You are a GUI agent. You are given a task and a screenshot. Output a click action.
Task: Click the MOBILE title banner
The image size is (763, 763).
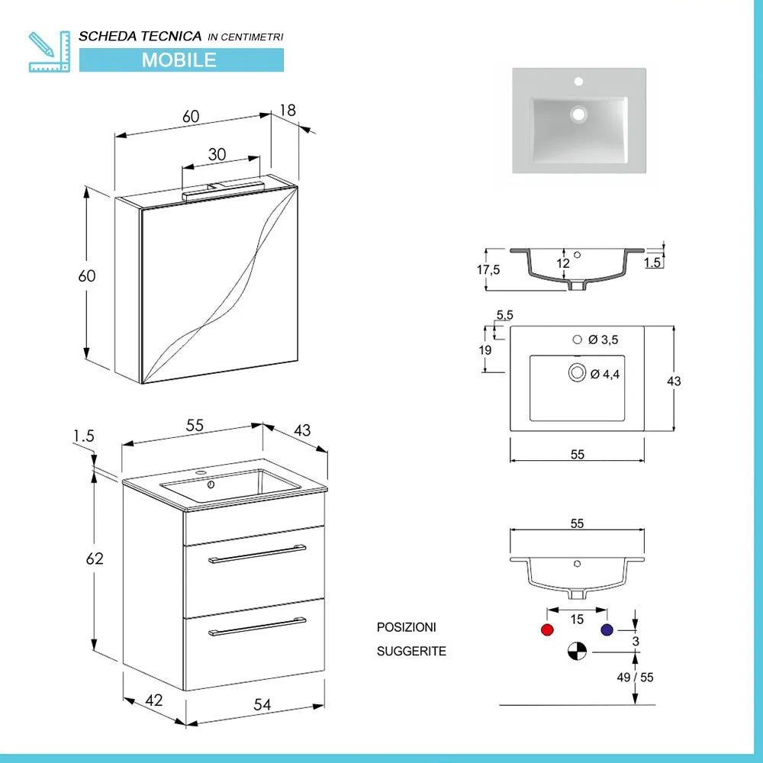[181, 60]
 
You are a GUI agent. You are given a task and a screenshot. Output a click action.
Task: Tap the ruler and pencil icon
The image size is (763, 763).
[48, 51]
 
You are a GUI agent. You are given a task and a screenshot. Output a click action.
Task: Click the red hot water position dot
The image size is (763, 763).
[546, 630]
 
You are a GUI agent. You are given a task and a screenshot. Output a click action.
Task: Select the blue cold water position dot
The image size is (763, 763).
[607, 630]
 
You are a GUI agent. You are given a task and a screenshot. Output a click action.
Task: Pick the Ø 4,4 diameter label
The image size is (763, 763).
[605, 374]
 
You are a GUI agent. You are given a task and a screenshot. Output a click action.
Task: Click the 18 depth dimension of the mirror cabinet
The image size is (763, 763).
[288, 110]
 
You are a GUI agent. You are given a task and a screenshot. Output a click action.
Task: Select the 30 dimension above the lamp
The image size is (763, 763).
[217, 153]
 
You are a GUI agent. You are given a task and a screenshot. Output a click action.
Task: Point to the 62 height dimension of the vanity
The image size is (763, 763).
[95, 559]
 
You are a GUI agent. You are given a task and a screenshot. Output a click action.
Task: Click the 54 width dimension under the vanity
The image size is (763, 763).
[262, 705]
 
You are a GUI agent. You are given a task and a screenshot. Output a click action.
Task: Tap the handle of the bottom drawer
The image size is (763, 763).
[257, 627]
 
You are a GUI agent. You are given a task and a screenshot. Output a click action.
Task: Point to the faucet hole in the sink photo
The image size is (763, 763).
[578, 80]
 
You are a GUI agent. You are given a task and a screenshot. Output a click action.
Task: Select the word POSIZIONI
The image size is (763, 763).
[406, 627]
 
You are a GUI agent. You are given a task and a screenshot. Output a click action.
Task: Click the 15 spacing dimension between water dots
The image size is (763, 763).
[577, 620]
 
